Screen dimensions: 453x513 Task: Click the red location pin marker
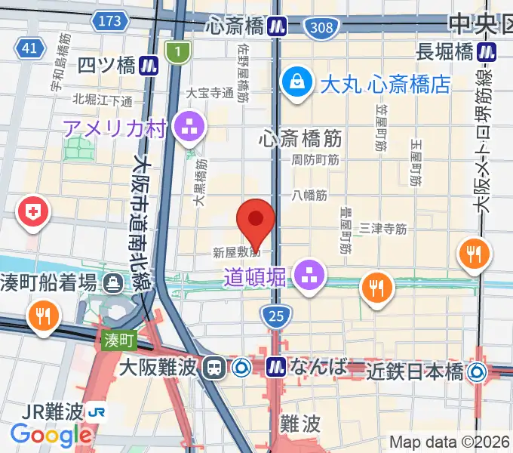coord(255,220)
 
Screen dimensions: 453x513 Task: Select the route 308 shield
coord(318,28)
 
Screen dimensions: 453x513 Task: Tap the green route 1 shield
coord(178,51)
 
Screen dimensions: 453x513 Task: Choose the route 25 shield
coord(277,318)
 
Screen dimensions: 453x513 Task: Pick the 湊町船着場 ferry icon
coord(114,283)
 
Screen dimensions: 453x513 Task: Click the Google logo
coord(51,436)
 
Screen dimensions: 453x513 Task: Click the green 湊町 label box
coord(118,341)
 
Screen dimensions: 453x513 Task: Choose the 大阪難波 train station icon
coord(215,368)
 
